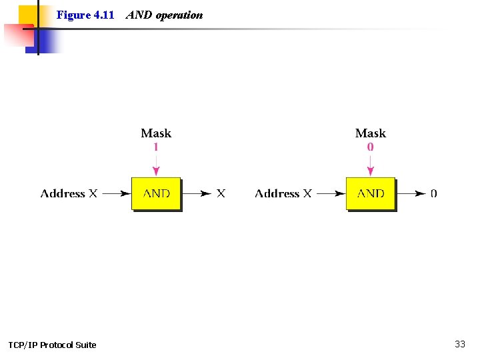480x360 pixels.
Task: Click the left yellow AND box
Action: [156, 194]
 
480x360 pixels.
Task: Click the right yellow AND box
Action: [371, 194]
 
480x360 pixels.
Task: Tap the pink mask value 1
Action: [156, 147]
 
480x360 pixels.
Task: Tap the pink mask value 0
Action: [371, 147]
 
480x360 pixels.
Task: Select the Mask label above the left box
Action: [156, 133]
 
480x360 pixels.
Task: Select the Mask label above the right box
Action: [371, 133]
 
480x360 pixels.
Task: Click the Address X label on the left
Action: [69, 193]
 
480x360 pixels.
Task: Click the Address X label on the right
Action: [283, 193]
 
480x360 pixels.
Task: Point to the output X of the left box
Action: [221, 193]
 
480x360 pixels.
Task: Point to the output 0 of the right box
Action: [434, 194]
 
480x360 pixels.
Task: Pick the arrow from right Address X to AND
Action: [331, 194]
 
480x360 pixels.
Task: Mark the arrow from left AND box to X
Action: [197, 194]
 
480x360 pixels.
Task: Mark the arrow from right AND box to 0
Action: [411, 194]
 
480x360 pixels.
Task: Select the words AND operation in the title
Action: [164, 15]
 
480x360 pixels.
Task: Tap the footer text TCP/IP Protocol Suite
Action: [52, 345]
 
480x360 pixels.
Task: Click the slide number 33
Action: [460, 344]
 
